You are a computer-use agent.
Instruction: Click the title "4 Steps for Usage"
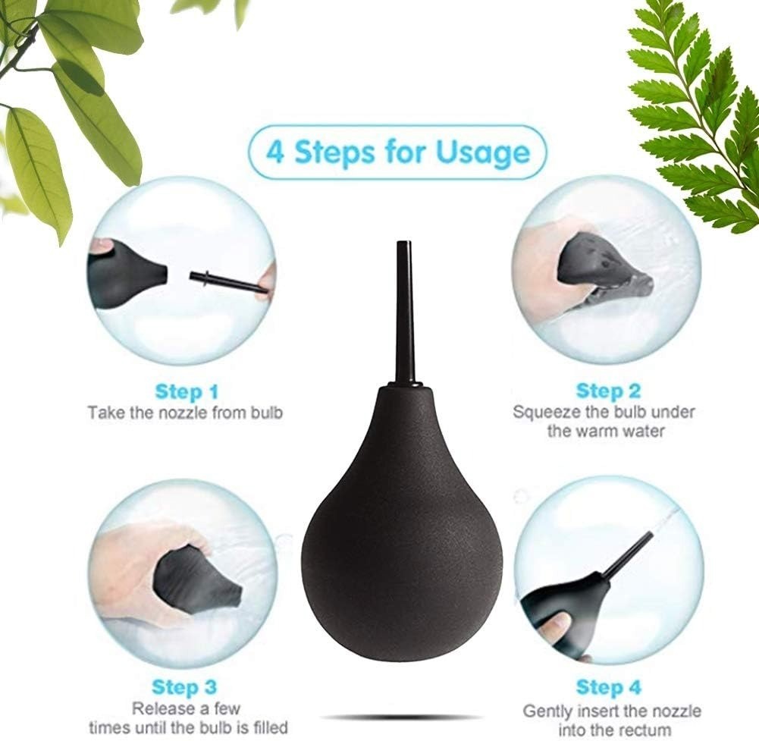click(397, 152)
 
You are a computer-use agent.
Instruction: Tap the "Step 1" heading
click(187, 391)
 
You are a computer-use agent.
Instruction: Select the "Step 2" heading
click(608, 391)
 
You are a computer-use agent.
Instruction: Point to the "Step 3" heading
click(184, 686)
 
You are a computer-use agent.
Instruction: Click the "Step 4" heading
click(608, 686)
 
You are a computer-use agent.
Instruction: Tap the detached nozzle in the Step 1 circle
click(227, 283)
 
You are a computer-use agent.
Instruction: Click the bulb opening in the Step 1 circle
click(165, 274)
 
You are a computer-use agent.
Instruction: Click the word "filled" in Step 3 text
click(267, 727)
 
